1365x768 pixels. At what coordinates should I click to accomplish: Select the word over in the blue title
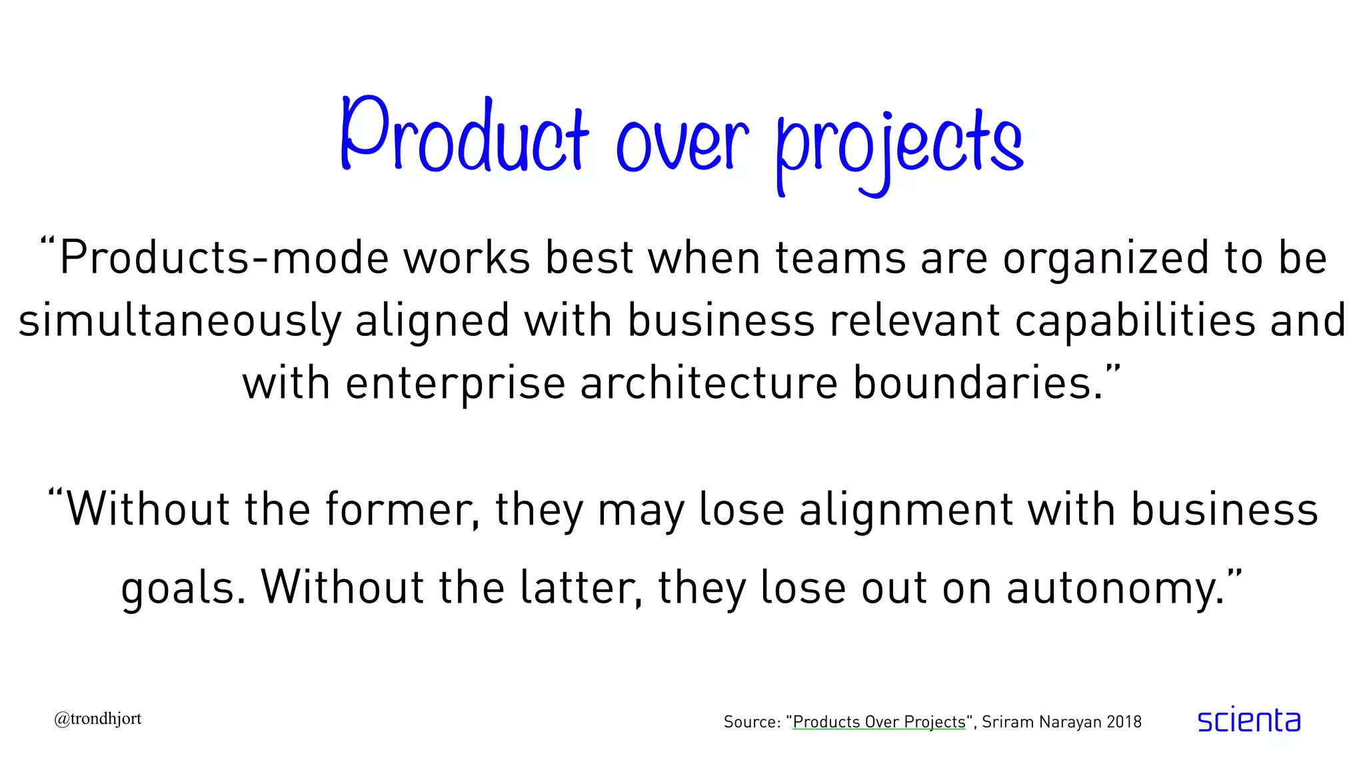click(x=682, y=143)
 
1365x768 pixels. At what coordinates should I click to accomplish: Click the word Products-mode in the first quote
click(x=224, y=258)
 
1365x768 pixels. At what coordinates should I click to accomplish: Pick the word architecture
click(x=708, y=383)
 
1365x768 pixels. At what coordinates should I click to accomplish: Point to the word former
click(x=402, y=509)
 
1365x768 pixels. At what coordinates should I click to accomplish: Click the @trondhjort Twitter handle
click(x=98, y=719)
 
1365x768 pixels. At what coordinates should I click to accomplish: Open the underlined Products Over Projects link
click(x=878, y=722)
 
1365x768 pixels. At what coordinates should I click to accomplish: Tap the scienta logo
click(x=1248, y=720)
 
